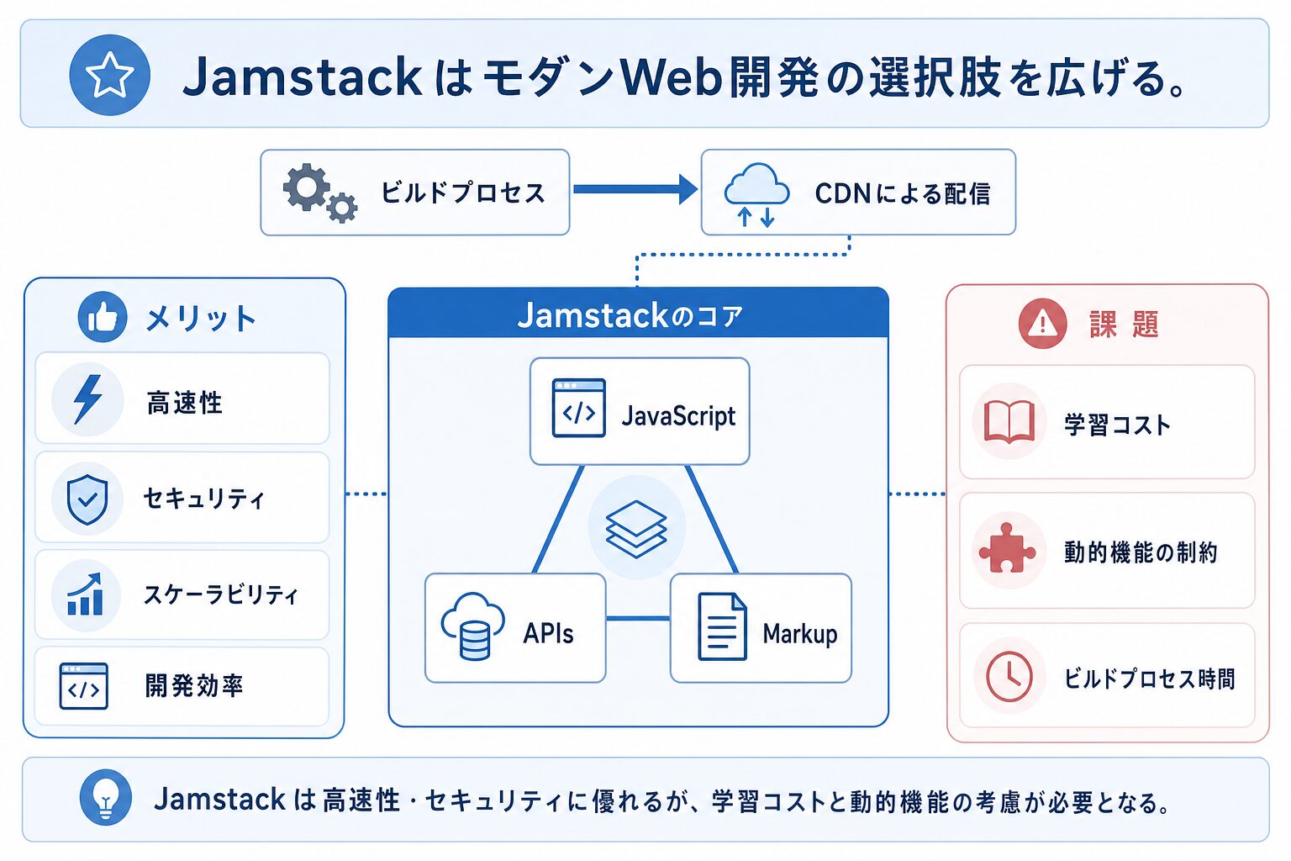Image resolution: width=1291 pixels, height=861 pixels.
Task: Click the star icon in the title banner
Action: tap(109, 75)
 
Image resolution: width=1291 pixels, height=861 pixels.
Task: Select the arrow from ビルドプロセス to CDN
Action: tap(635, 189)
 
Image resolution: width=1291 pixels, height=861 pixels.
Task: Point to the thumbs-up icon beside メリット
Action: tap(103, 317)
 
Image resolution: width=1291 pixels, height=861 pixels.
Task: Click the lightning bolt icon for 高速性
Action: tap(88, 399)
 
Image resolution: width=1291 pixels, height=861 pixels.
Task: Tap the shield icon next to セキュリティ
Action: tap(87, 499)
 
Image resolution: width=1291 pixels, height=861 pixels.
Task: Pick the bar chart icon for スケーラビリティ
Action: tap(85, 594)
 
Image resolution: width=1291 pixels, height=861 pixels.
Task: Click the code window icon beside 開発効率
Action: tap(83, 685)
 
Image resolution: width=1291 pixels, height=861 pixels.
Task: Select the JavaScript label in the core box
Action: tap(678, 416)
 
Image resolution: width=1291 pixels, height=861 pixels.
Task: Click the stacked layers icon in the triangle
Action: tap(636, 528)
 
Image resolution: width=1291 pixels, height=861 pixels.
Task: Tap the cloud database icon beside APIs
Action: tap(472, 626)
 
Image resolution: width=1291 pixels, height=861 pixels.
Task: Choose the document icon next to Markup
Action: tap(722, 626)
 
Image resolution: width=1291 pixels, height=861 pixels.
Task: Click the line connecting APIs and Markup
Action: tap(638, 619)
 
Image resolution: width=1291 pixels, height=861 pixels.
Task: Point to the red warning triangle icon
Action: tap(1042, 324)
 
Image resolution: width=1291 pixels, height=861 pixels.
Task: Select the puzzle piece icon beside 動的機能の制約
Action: tap(1008, 548)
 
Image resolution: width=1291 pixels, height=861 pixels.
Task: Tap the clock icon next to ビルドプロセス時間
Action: tap(1009, 677)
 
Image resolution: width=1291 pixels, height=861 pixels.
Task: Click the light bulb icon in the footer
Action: tap(105, 797)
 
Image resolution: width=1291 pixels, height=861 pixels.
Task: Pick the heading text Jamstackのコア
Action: tap(630, 315)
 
